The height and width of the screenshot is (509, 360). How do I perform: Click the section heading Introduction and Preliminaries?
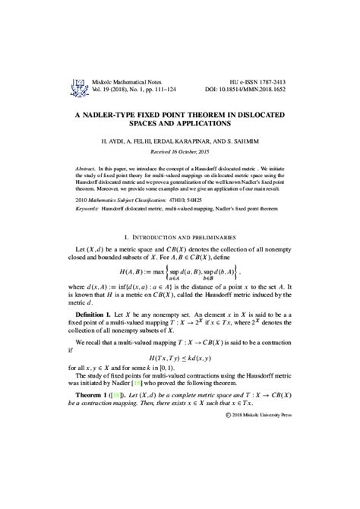[x=180, y=238]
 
